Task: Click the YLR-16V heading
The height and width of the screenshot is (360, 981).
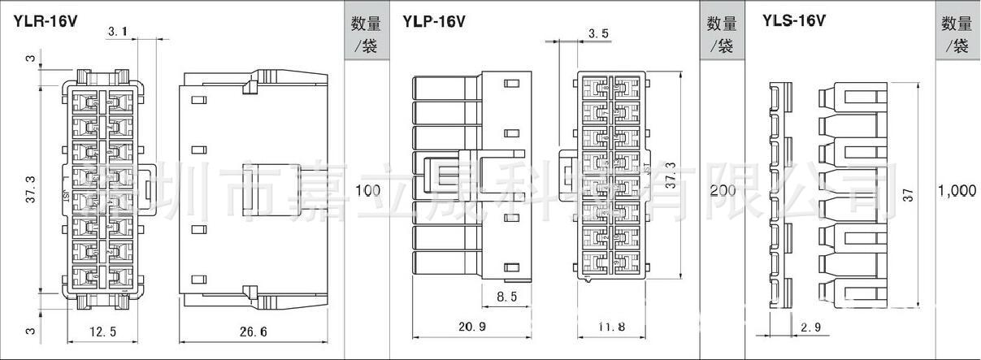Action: coord(45,21)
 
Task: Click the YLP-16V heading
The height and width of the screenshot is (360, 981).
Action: coord(434,21)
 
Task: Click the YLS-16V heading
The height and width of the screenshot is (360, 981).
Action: coord(794,21)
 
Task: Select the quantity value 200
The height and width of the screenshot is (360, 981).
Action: coord(723,191)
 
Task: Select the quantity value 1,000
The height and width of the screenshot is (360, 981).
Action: coord(957,191)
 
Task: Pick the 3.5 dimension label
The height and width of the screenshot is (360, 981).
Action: coord(597,33)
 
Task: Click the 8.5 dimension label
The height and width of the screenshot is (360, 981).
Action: coord(507,297)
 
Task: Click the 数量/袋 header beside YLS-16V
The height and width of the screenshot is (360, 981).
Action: coord(957,34)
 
